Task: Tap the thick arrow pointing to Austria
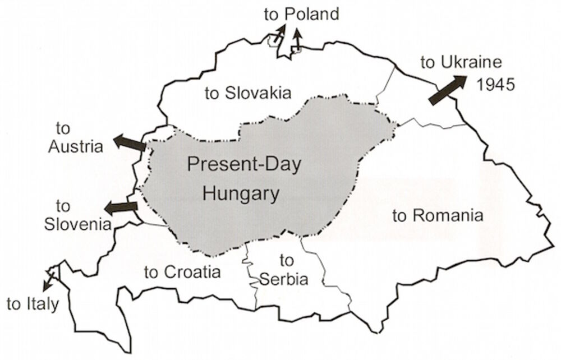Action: click(129, 142)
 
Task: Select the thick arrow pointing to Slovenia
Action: click(121, 207)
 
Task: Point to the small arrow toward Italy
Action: click(51, 279)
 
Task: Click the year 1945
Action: click(495, 85)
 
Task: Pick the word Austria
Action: click(76, 147)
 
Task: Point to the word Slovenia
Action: click(76, 224)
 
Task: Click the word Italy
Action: click(43, 304)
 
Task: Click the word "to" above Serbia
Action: click(286, 260)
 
